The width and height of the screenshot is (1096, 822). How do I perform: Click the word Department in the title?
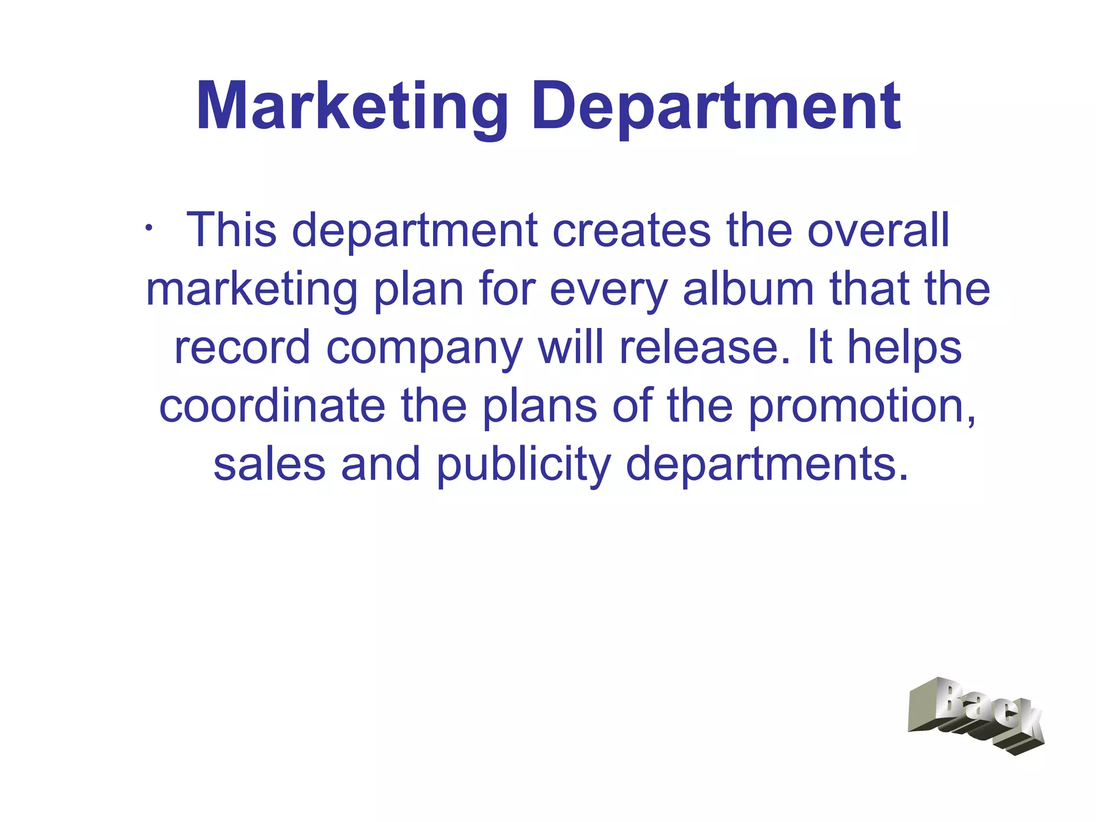(x=716, y=107)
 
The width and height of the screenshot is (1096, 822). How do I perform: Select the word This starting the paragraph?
(x=231, y=230)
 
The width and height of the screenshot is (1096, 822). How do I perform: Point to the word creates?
(x=631, y=230)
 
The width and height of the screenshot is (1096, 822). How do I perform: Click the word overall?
(x=878, y=230)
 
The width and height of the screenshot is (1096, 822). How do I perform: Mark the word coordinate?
(x=272, y=406)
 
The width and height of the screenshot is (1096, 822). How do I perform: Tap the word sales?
(x=269, y=465)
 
